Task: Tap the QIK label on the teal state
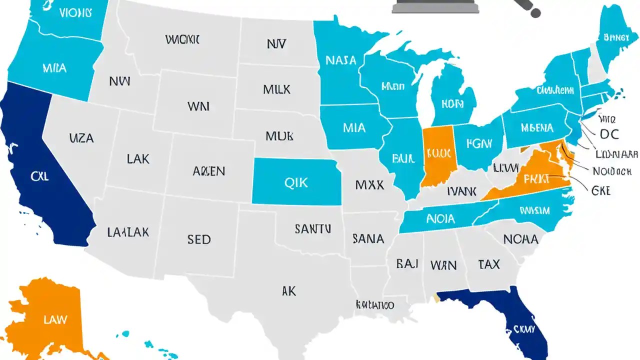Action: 296,183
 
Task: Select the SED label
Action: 198,239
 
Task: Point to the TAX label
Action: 488,264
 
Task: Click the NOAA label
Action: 520,239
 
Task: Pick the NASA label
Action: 340,60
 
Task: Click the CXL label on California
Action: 39,176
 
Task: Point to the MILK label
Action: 276,89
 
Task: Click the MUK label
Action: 279,135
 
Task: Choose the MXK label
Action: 369,185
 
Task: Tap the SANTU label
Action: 312,229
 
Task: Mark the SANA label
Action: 368,238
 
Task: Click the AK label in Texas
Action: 289,291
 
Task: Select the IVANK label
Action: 461,191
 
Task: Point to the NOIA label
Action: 440,218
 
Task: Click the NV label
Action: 276,44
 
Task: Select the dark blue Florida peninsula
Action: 520,320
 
